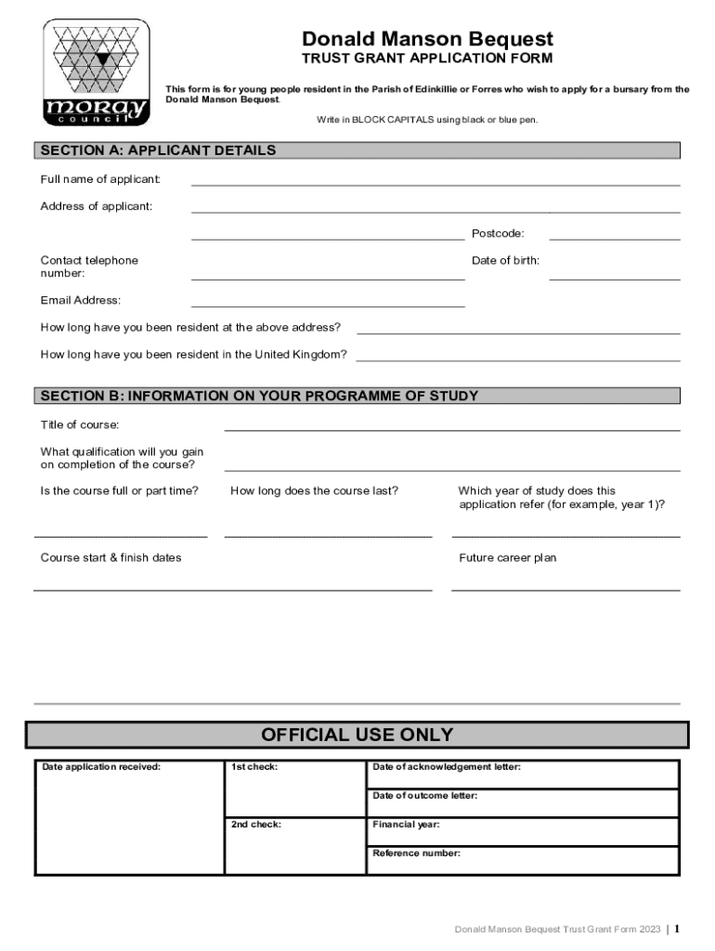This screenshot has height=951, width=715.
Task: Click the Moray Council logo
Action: (96, 73)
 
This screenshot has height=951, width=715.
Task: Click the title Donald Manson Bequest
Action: (427, 39)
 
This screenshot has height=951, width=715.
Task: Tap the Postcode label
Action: (498, 233)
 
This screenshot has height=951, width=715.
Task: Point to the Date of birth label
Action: (505, 261)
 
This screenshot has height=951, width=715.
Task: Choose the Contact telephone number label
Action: (89, 267)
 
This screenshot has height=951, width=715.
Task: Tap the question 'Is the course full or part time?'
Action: (119, 490)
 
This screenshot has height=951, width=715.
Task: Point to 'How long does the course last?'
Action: (314, 490)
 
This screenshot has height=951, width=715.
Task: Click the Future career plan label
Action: (507, 558)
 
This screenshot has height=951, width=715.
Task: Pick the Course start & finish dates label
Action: (110, 558)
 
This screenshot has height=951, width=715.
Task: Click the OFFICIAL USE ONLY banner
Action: (357, 736)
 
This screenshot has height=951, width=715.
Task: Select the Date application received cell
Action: (129, 817)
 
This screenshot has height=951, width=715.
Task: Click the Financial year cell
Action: (523, 831)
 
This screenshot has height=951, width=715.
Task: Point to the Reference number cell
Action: (523, 860)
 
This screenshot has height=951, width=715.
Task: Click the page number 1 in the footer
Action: (677, 929)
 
